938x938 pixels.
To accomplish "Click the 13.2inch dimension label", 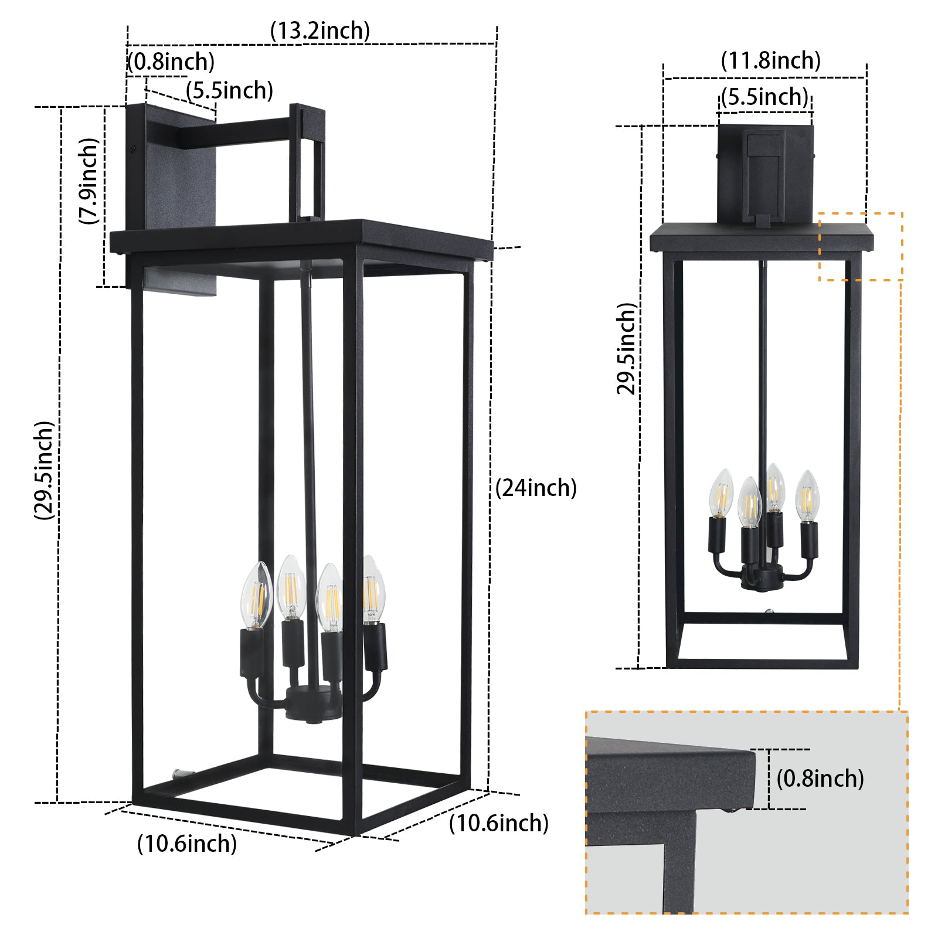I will click(x=320, y=31).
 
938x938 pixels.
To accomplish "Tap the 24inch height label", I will click(x=536, y=488).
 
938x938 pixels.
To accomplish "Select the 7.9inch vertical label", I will click(x=89, y=181).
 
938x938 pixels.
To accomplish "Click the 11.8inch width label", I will click(x=770, y=60).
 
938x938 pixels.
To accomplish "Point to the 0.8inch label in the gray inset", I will click(x=820, y=779).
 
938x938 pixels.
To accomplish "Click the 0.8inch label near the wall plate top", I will click(x=171, y=62).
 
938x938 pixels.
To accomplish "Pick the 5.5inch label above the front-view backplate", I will click(x=764, y=97).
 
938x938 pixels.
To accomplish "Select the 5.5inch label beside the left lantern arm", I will click(x=230, y=91).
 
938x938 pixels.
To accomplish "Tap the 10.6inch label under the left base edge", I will click(x=187, y=844).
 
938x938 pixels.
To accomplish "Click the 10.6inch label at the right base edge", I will click(x=498, y=823).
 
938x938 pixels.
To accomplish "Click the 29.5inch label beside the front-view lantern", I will click(x=627, y=349).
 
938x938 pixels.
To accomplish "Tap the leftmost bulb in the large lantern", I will click(x=257, y=593).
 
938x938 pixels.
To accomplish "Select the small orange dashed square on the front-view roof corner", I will click(x=860, y=246).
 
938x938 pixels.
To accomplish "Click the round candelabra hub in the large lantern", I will click(x=312, y=704).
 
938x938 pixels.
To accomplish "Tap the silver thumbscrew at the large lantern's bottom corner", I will click(x=179, y=775).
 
